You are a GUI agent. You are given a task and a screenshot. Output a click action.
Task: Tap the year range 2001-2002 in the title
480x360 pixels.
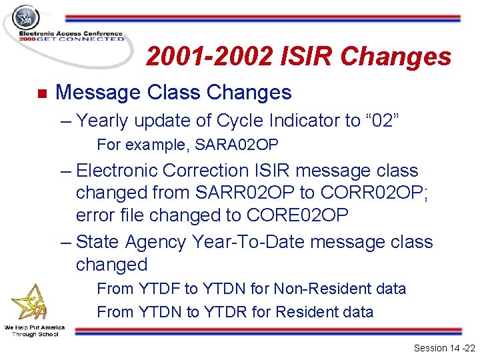point(209,57)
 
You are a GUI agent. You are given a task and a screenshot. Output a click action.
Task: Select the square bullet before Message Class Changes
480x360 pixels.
point(40,93)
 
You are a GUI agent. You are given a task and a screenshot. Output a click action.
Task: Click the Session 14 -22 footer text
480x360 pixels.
point(441,348)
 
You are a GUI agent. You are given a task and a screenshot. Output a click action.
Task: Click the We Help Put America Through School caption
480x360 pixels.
point(34,331)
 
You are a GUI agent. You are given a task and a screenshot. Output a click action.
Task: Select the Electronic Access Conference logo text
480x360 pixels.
point(71,34)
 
